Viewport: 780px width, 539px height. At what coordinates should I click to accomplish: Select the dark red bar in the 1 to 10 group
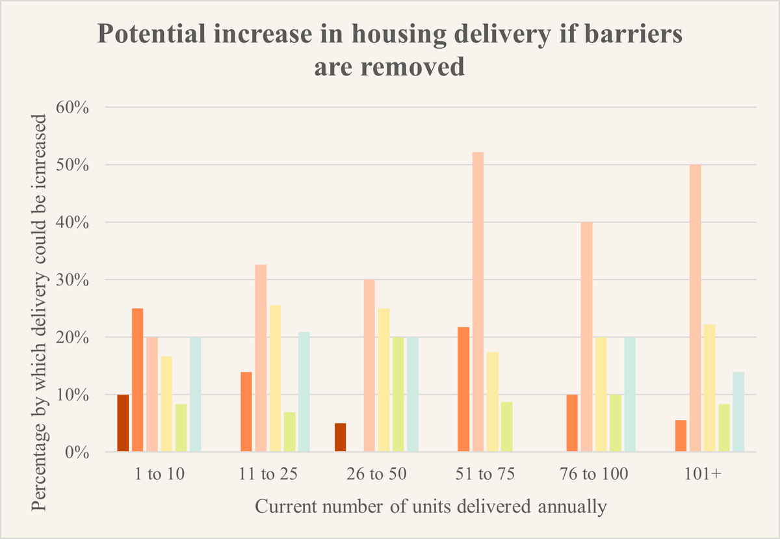click(123, 423)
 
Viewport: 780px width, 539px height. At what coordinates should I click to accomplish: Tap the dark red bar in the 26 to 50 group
click(340, 438)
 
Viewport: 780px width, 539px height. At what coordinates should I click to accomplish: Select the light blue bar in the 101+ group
click(738, 412)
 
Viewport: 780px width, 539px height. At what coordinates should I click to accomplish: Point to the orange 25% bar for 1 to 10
click(137, 380)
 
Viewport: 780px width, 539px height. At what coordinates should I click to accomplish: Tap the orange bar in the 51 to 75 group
click(463, 389)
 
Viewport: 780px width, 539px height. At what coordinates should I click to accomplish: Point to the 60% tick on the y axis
click(72, 107)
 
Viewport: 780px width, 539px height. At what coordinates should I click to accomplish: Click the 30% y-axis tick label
click(72, 280)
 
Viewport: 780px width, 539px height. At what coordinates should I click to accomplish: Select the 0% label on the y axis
click(76, 453)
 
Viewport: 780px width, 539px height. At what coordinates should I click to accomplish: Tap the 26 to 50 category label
click(374, 474)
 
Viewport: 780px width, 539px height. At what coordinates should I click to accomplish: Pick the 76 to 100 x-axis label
click(593, 474)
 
